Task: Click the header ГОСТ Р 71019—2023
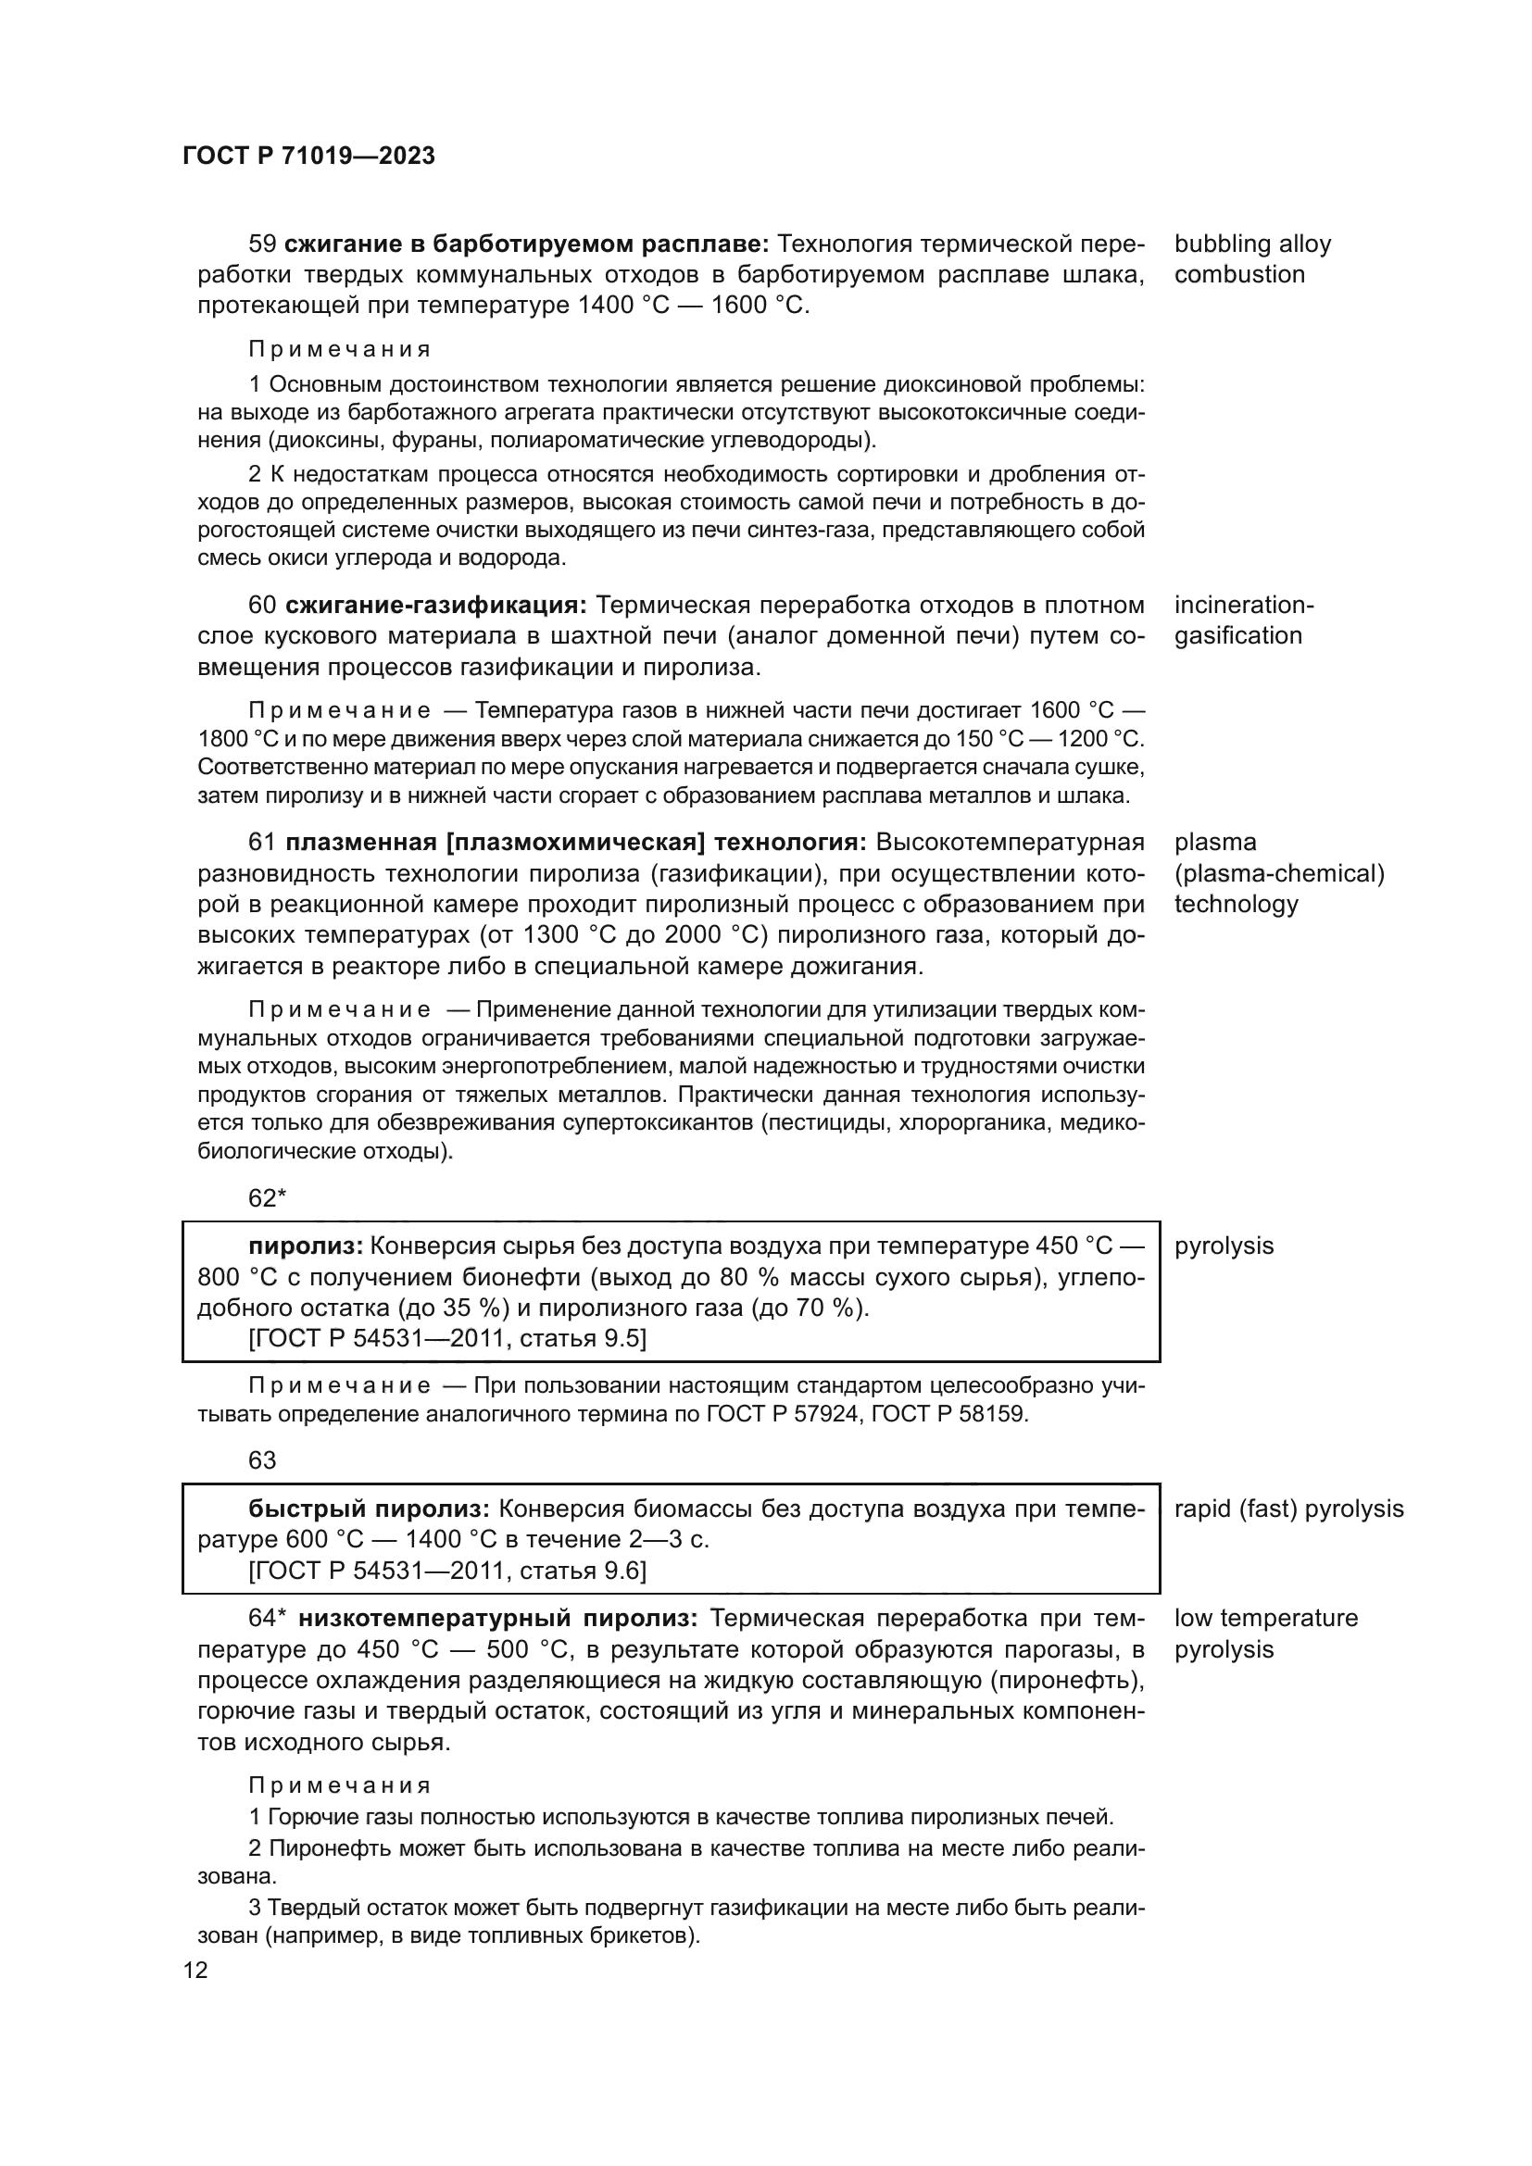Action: click(x=308, y=156)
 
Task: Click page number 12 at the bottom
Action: click(x=196, y=1970)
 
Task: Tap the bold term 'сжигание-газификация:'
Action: click(x=436, y=605)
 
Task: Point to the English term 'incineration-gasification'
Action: click(x=1242, y=620)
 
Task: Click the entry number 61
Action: click(x=262, y=842)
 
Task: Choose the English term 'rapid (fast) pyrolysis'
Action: click(x=1287, y=1509)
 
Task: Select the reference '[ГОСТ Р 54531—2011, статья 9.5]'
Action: click(x=447, y=1339)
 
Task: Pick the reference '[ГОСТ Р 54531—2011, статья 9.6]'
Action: click(x=447, y=1570)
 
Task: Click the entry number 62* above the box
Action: click(x=267, y=1198)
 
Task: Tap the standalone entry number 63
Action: click(x=262, y=1460)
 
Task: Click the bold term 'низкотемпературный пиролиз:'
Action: click(x=498, y=1618)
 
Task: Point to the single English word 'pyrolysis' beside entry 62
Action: click(x=1224, y=1246)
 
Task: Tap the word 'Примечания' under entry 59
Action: click(x=340, y=349)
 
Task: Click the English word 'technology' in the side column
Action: click(x=1236, y=904)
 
